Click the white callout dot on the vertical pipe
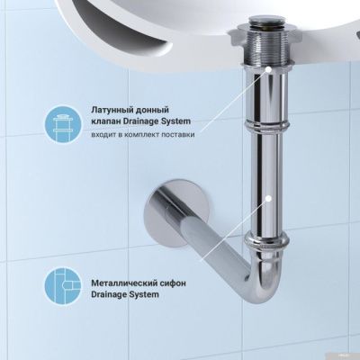[269, 195]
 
